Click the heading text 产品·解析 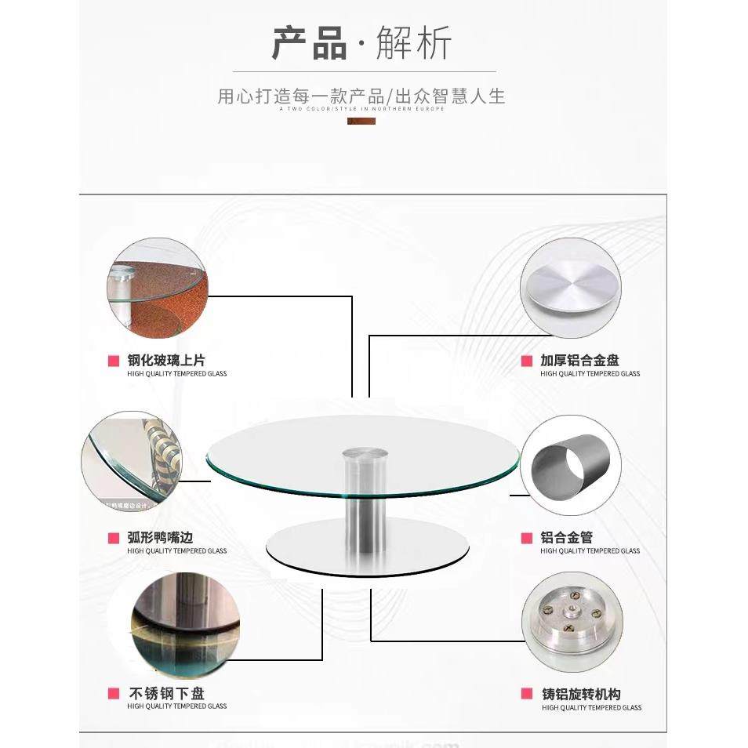point(361,43)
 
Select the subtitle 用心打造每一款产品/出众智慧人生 point(361,96)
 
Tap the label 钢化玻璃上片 point(166,361)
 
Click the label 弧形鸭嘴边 point(160,538)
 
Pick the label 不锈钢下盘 point(166,694)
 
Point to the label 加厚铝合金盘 point(579,361)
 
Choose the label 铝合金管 point(566,538)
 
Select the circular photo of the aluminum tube point(571,465)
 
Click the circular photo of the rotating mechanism point(572,621)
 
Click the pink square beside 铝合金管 point(526,538)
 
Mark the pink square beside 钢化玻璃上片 point(114,361)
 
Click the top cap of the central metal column point(365,453)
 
